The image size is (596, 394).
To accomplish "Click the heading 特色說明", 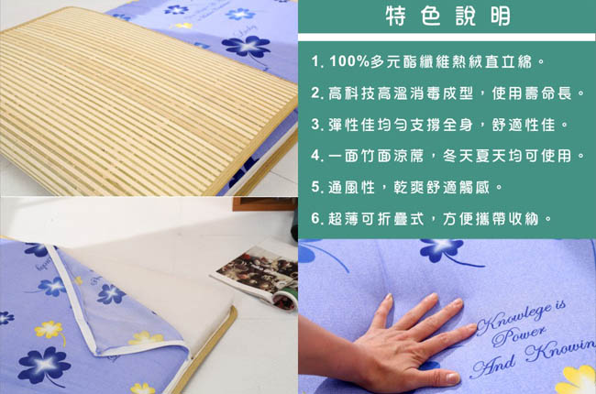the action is point(448,16).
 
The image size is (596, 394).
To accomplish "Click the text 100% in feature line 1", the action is point(349,61).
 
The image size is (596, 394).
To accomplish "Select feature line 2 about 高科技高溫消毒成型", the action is point(447,93).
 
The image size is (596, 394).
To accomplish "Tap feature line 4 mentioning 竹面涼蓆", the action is point(447,156).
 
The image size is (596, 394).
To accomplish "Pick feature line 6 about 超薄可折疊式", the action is point(432,218).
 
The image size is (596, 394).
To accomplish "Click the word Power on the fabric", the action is point(519,334).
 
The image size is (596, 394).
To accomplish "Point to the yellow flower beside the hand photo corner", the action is point(577,380).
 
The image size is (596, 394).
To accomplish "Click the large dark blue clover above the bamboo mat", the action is point(246,47).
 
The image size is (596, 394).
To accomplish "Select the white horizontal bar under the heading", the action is point(447,38).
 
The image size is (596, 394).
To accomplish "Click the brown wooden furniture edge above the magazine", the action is point(265,203).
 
